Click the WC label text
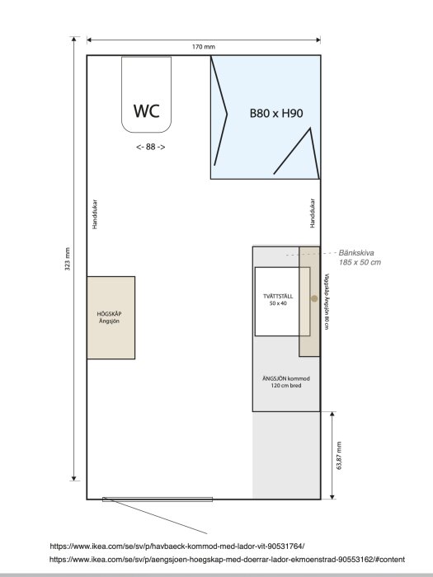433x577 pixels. (146, 110)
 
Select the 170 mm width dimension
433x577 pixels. (203, 47)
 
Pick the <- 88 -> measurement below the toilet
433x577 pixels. (149, 147)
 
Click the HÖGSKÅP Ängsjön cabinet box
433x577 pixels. (111, 317)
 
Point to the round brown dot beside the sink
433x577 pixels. (313, 298)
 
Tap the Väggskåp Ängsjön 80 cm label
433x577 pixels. (327, 302)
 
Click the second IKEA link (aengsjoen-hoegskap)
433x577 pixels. (227, 559)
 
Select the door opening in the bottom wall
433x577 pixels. (158, 500)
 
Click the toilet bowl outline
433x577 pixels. (146, 95)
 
